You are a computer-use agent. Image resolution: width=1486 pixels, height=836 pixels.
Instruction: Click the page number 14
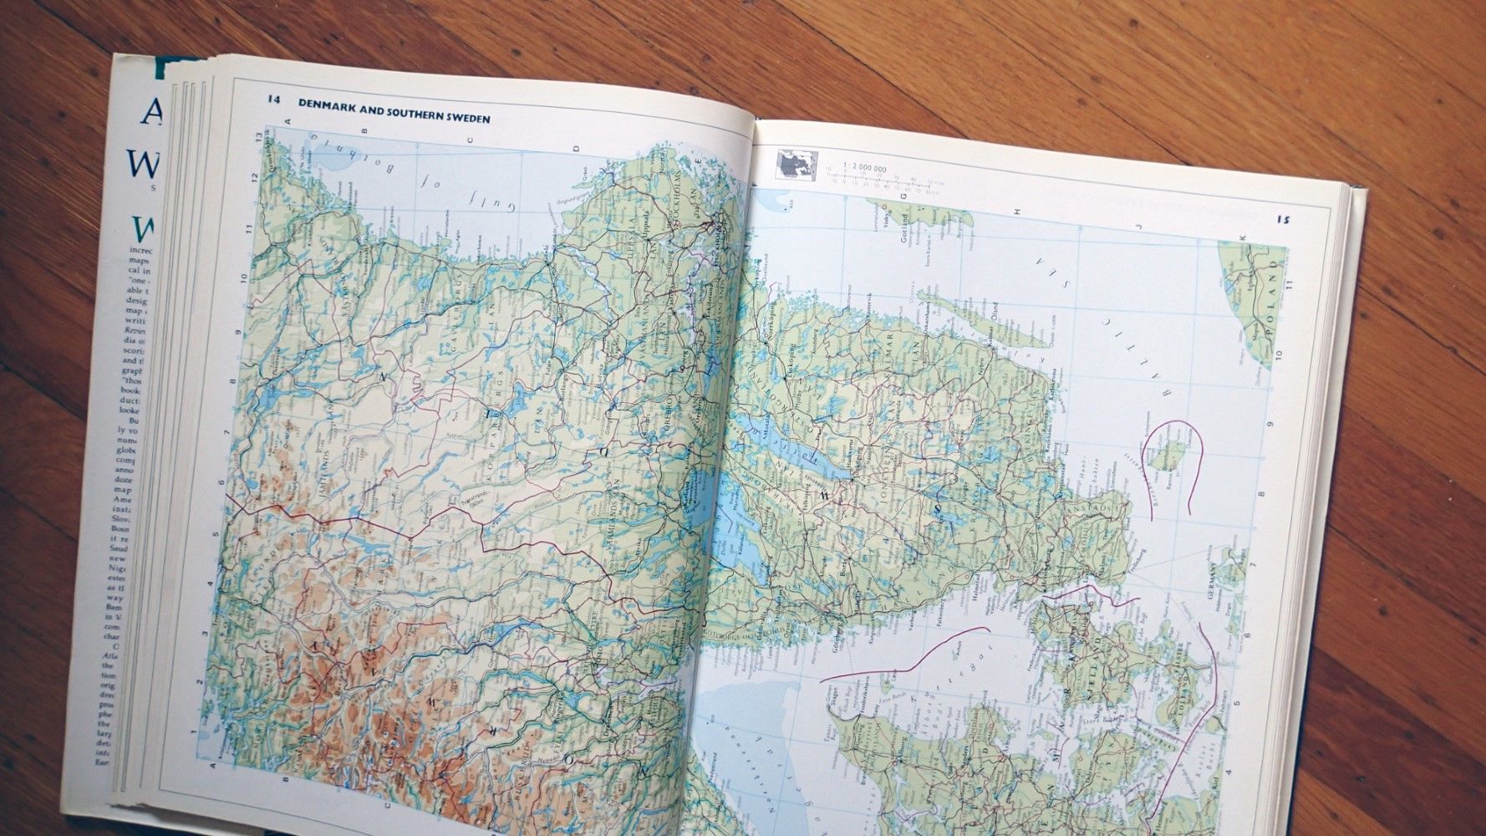coord(273,99)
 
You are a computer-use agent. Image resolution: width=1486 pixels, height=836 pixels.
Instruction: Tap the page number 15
coord(1283,220)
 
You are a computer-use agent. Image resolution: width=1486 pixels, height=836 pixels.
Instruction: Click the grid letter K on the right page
coord(1242,237)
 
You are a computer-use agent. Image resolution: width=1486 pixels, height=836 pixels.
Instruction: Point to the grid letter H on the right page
coord(1017,212)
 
